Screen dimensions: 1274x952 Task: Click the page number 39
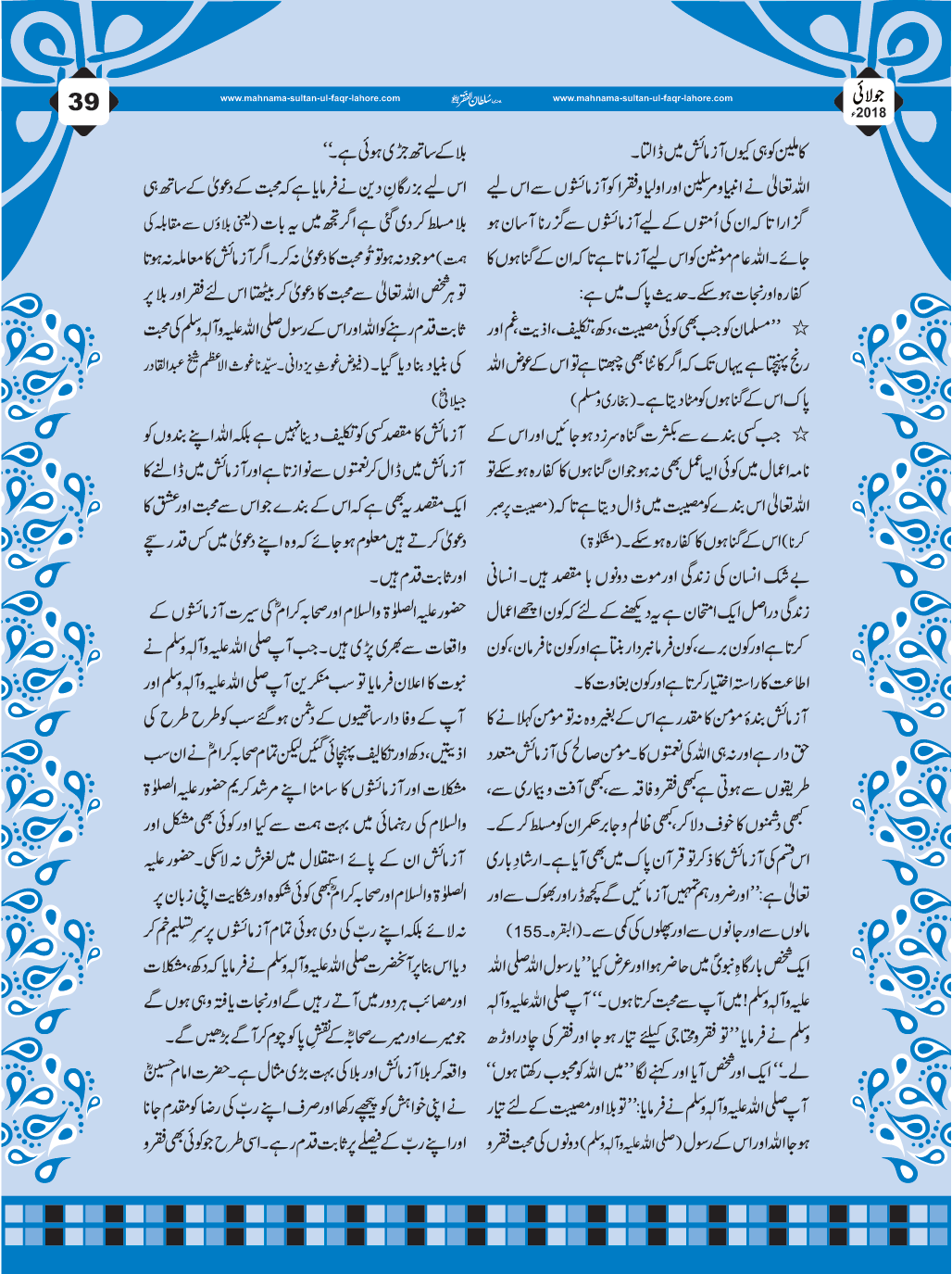click(83, 101)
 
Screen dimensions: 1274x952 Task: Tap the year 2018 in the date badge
click(871, 113)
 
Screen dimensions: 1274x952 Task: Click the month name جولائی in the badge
click(872, 94)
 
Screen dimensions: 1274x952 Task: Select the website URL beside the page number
click(310, 98)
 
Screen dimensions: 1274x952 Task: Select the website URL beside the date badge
click(642, 98)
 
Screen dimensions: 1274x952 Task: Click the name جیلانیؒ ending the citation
click(448, 400)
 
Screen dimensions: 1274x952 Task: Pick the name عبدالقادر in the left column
click(164, 365)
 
